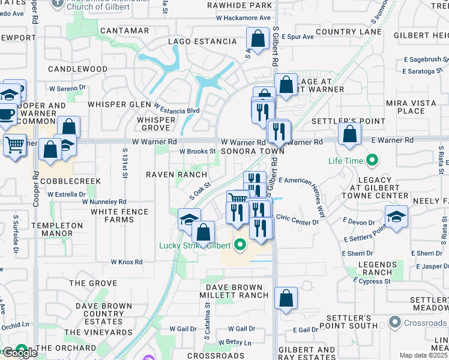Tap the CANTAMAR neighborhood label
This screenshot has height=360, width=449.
point(125,31)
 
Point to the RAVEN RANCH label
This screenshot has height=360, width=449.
point(168,175)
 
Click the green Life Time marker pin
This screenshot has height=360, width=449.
point(372,160)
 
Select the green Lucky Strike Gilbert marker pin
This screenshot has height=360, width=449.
point(240,244)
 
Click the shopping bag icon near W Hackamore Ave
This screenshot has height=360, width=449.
point(258,39)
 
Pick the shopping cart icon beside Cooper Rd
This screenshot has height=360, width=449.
point(14,145)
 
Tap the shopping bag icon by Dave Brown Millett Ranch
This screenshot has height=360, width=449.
point(286,297)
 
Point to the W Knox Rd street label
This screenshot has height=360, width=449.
point(127,262)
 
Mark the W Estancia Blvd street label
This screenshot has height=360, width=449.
point(176,110)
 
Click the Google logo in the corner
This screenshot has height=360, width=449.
point(19,353)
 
